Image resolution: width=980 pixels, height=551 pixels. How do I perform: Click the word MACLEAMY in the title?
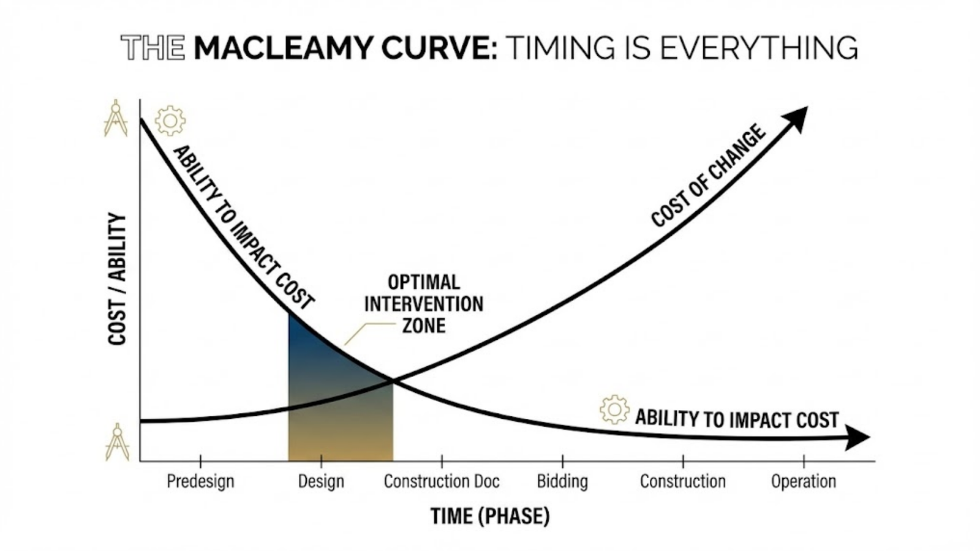tap(282, 48)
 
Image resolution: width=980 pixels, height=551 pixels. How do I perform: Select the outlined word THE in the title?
tap(153, 48)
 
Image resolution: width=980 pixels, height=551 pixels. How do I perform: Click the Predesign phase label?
tap(200, 481)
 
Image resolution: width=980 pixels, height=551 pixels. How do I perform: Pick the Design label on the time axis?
tap(321, 481)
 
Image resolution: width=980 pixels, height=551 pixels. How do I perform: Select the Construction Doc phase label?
tap(442, 481)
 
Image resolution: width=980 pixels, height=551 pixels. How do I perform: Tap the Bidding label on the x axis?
tap(562, 481)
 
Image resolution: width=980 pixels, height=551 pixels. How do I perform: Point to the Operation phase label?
tap(804, 481)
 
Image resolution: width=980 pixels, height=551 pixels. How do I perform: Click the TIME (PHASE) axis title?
tap(490, 516)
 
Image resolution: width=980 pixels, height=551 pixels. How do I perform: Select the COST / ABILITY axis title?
tap(117, 279)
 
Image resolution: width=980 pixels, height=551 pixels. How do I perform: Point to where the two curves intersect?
tap(392, 381)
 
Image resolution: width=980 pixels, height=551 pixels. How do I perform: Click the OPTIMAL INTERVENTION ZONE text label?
tap(424, 304)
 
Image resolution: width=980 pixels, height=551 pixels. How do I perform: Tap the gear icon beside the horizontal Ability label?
tap(614, 410)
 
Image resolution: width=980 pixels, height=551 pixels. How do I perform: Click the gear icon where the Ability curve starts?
tap(170, 120)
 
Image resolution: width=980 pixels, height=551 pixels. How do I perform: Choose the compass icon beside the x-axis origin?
tap(116, 442)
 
